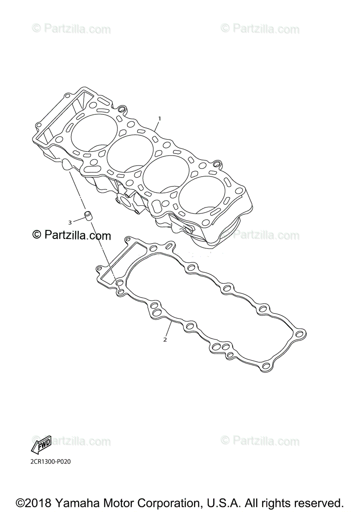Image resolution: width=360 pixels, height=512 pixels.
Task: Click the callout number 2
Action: point(165,340)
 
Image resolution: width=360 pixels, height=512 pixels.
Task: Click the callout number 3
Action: point(70,222)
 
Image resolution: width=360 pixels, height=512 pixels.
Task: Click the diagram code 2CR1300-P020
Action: point(50,462)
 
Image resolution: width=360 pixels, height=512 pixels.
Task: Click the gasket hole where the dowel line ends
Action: point(121,291)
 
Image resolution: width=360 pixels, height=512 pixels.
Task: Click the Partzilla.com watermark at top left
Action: point(72,29)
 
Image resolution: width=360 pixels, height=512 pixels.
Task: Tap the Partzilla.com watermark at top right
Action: point(260,29)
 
